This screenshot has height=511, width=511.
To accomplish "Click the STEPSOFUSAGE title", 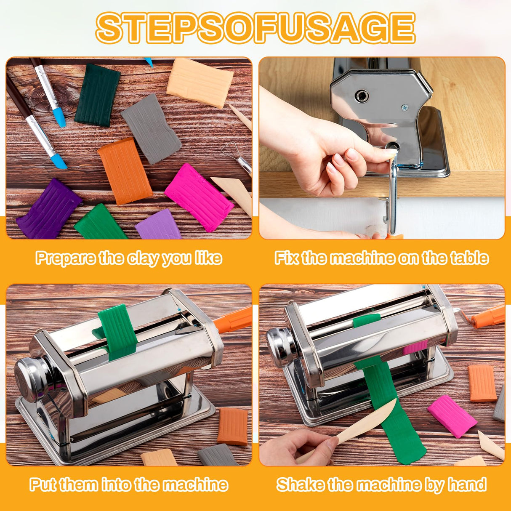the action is (x=255, y=28).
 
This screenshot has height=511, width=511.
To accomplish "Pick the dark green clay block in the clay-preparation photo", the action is (x=97, y=95).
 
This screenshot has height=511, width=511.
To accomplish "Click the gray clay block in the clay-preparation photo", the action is (x=151, y=129).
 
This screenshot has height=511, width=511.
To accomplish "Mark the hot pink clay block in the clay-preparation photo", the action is (x=199, y=197).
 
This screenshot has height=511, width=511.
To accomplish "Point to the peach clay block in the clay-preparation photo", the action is (x=200, y=83).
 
